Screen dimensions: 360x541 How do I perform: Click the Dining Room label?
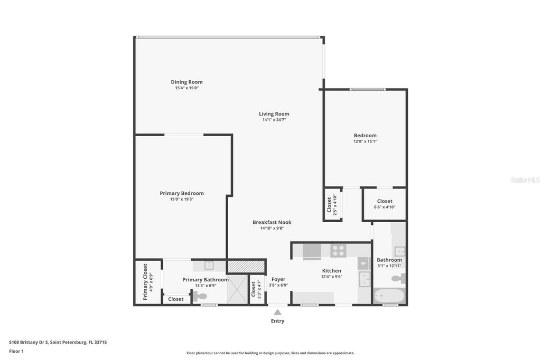186,82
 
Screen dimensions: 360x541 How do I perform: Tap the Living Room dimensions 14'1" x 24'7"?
274,120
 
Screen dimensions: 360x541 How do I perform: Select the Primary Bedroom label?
182,193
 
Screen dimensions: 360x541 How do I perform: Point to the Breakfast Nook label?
272,222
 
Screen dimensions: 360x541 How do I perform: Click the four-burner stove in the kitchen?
338,251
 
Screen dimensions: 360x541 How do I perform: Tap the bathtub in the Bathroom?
389,296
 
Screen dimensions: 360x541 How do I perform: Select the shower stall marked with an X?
237,289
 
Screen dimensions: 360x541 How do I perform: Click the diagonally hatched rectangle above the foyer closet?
246,267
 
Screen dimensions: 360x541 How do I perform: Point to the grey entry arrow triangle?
277,312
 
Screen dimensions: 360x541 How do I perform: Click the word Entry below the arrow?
277,321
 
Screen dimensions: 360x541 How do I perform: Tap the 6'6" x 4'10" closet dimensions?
385,207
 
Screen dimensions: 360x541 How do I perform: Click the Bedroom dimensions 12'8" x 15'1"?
365,141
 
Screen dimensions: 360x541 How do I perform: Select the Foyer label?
278,279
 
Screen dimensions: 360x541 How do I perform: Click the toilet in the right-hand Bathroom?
398,278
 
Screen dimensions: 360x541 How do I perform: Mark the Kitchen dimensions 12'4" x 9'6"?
331,277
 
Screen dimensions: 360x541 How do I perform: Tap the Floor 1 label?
16,351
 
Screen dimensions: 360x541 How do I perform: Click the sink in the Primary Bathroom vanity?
209,266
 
